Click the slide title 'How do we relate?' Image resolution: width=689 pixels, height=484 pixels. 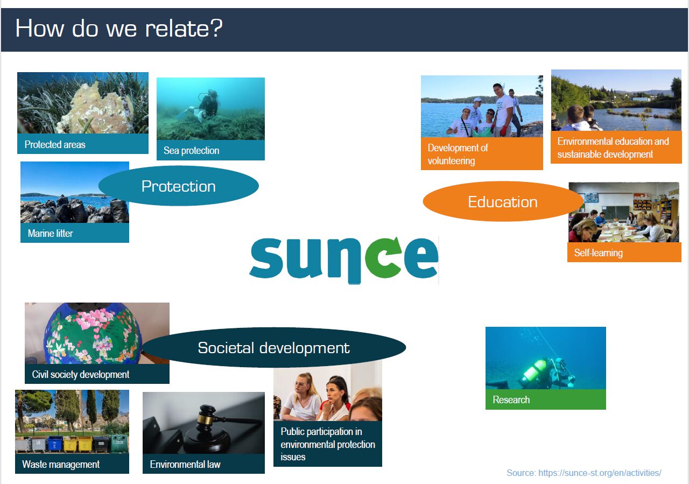[x=119, y=29]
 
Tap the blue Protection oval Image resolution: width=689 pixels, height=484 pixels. [x=178, y=186]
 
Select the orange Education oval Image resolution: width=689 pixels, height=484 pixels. [x=503, y=201]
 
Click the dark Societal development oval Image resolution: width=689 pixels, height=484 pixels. [x=274, y=347]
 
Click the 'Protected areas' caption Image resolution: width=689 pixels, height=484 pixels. [x=55, y=144]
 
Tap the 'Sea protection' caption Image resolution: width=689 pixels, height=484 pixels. [x=191, y=150]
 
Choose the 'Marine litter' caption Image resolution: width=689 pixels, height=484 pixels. [x=50, y=233]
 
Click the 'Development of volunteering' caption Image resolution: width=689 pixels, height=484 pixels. [x=458, y=154]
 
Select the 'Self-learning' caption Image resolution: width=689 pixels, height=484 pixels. [x=598, y=252]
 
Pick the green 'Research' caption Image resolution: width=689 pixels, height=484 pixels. [x=511, y=399]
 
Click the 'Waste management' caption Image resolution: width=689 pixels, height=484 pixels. [x=61, y=464]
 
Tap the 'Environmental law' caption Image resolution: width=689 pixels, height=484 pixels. [x=185, y=464]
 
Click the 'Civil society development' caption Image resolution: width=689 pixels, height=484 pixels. [x=81, y=374]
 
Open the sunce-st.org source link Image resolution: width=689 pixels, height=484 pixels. [x=600, y=473]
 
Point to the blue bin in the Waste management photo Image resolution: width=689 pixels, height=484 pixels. [x=54, y=444]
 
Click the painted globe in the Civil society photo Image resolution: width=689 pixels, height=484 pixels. [x=92, y=334]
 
